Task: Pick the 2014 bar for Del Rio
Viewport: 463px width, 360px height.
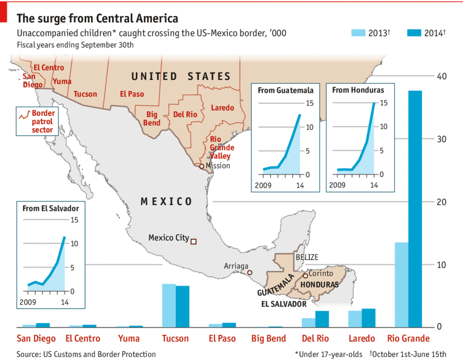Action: point(322,319)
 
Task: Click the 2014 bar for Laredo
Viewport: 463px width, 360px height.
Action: point(368,317)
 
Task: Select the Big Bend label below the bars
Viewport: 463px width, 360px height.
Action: point(269,338)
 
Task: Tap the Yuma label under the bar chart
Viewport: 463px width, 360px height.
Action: point(128,338)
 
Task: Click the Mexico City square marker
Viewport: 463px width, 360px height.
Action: point(193,241)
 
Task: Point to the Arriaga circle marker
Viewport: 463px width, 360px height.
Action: point(250,272)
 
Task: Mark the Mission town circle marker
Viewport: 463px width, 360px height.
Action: point(202,166)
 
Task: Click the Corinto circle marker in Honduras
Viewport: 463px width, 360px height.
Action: point(305,275)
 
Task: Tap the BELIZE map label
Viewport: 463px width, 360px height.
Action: point(307,257)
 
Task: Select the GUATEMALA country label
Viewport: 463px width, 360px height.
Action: point(276,285)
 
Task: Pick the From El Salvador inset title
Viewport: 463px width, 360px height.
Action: point(51,208)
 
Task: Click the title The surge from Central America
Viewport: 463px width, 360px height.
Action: point(97,19)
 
